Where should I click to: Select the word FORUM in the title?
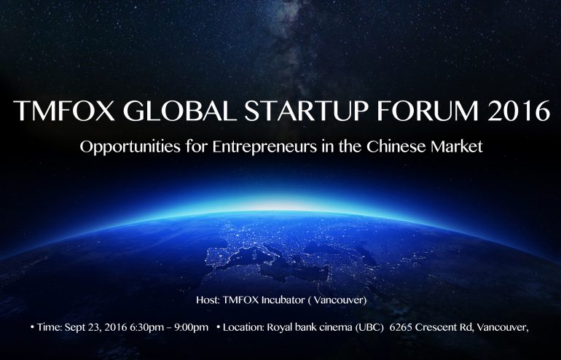tap(428, 111)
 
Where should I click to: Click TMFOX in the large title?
tap(63, 111)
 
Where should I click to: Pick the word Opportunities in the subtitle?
tap(130, 147)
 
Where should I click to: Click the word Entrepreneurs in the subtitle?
tap(264, 147)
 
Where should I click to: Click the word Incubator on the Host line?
tap(283, 300)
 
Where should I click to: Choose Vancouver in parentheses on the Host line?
tap(340, 300)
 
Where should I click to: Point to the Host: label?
tap(208, 300)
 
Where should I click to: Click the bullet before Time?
tap(33, 327)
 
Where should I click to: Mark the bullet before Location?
tap(219, 327)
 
